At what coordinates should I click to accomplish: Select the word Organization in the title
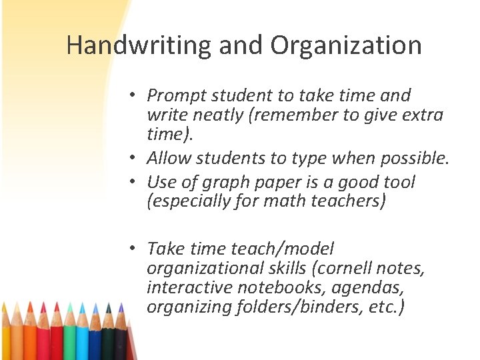(346, 46)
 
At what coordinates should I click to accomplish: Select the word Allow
(168, 159)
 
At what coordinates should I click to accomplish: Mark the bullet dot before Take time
(133, 249)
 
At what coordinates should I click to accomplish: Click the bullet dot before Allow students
(133, 158)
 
